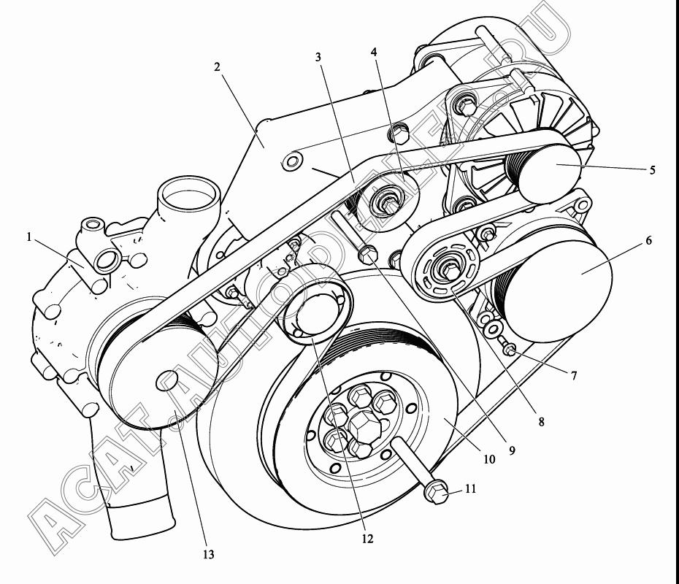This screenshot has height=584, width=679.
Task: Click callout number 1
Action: click(x=29, y=237)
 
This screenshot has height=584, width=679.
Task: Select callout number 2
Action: click(x=217, y=66)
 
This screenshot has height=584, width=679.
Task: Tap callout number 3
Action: click(x=318, y=57)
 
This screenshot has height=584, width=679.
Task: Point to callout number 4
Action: click(x=374, y=52)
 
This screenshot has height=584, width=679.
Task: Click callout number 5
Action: click(x=652, y=169)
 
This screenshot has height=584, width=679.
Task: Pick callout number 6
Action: click(x=648, y=240)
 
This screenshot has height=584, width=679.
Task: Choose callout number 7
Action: click(x=574, y=376)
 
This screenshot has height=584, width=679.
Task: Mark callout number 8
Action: click(x=541, y=421)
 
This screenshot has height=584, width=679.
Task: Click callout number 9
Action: click(x=512, y=450)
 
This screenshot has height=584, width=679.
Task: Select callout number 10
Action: click(x=489, y=459)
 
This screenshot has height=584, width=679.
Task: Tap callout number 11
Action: click(x=471, y=489)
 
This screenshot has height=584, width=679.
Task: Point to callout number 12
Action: click(x=367, y=539)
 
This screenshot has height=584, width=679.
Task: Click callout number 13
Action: click(x=208, y=555)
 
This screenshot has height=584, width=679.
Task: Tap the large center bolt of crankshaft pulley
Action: click(x=364, y=425)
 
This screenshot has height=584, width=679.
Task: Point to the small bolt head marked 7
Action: click(x=510, y=350)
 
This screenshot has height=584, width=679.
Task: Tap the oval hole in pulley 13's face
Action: click(x=167, y=380)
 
